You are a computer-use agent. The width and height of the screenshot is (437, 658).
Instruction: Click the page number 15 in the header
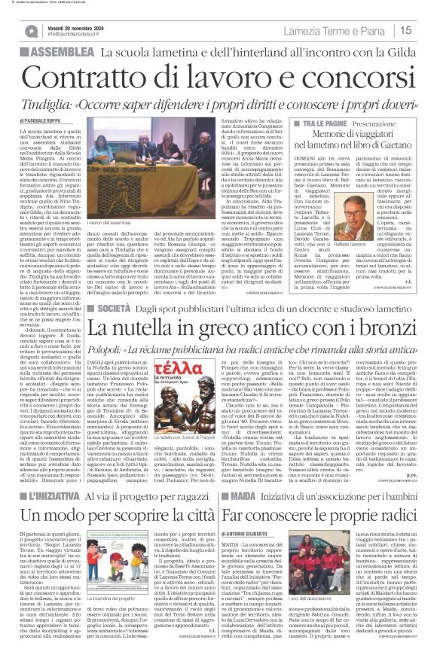point(425,30)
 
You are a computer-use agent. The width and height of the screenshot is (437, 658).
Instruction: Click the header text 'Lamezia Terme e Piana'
point(344,30)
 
